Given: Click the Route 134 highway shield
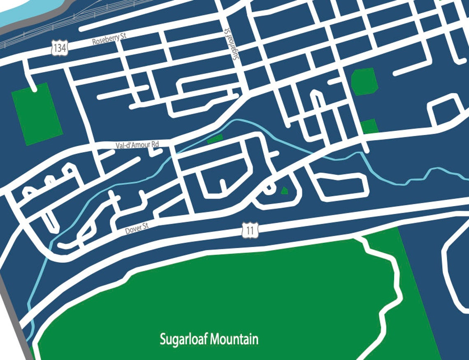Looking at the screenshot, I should (x=59, y=48).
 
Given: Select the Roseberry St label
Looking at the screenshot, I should (x=109, y=40).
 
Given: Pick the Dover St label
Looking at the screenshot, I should (x=136, y=229).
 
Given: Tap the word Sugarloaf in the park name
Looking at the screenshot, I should (x=184, y=339).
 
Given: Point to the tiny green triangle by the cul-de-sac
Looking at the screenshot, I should (x=284, y=190).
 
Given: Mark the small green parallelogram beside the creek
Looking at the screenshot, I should (x=215, y=139).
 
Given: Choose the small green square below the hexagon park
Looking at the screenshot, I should (x=369, y=126).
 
